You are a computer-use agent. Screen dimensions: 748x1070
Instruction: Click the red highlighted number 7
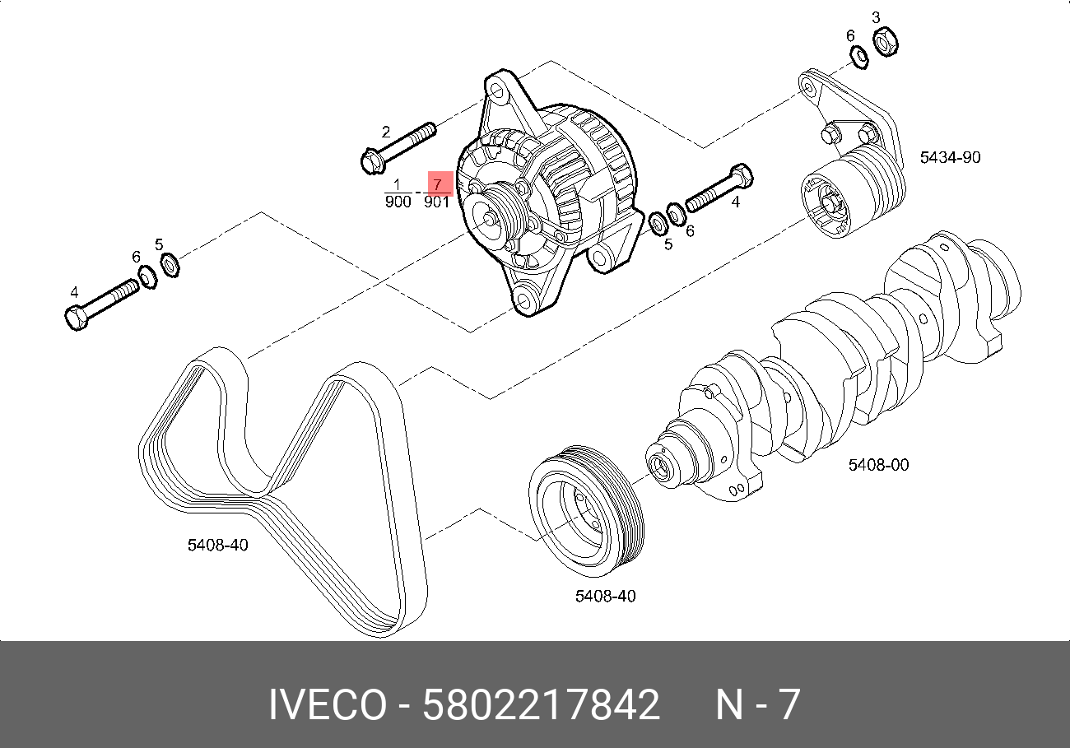[438, 184]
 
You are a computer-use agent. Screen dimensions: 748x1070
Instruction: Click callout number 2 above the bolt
[384, 132]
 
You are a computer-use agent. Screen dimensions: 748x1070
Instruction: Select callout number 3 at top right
[876, 17]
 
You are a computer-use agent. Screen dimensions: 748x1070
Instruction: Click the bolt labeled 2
[398, 146]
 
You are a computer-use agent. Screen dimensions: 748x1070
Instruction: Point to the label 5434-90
[950, 156]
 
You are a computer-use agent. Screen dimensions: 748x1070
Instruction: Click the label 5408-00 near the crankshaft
[878, 465]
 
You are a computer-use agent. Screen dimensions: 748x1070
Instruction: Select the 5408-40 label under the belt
[218, 545]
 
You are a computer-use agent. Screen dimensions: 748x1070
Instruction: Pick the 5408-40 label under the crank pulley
[605, 596]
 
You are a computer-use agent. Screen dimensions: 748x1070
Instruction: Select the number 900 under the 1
[398, 202]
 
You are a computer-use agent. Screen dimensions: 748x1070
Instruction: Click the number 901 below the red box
[436, 202]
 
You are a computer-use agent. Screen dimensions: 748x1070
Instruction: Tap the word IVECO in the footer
[327, 705]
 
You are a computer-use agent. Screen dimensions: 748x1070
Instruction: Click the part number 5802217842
[541, 705]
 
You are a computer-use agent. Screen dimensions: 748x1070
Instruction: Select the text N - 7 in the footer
[757, 705]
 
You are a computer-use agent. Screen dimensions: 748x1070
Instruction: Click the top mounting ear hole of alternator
[498, 88]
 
